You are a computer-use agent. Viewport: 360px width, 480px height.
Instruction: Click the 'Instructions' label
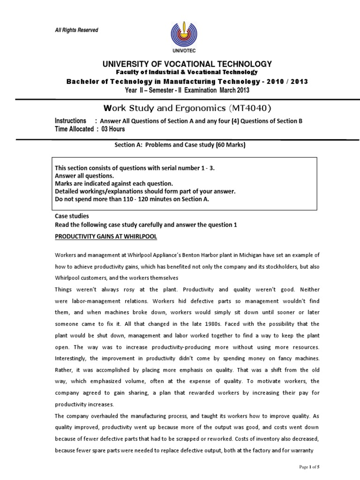pyautogui.click(x=71, y=121)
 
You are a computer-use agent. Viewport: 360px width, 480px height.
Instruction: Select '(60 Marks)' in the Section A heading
pyautogui.click(x=231, y=145)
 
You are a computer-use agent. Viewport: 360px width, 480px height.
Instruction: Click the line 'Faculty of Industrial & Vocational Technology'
pyautogui.click(x=187, y=72)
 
